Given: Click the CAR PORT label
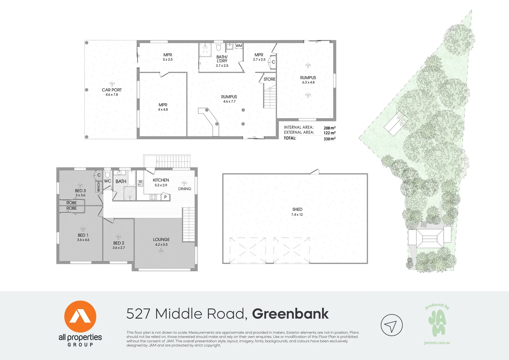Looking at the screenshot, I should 112,90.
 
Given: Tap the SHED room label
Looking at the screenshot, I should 297,209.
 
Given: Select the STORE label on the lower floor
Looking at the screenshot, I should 269,79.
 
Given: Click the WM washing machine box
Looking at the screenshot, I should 239,46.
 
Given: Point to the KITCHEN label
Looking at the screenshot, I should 161,180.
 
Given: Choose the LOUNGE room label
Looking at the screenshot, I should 161,239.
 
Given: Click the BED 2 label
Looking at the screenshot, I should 119,243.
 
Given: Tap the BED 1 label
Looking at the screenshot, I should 83,235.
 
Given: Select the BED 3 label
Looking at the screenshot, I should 80,191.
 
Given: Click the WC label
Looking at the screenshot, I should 108,181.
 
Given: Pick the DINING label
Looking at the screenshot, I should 185,189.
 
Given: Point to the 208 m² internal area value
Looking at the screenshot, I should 329,128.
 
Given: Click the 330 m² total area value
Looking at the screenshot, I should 329,139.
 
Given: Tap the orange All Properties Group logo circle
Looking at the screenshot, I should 80,317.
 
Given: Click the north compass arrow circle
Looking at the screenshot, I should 391,325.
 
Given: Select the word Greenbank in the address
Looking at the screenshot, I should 290,314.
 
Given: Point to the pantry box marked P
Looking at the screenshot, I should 165,197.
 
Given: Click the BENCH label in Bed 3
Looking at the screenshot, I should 99,187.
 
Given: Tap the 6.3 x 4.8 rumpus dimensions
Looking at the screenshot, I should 308,82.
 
